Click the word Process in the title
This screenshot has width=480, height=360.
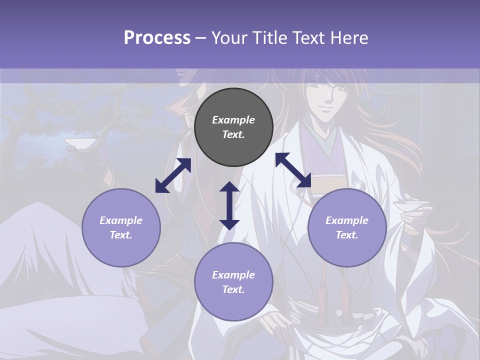coord(157,38)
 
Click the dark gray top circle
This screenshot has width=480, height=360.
coord(233,127)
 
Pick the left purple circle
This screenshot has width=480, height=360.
coord(121,227)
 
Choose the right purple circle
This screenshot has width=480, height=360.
coord(347,227)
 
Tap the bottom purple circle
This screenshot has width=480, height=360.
coord(233,282)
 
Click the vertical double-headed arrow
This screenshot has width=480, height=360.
coord(229,205)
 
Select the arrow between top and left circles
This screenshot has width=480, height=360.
coord(173,175)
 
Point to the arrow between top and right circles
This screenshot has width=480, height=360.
coord(293,170)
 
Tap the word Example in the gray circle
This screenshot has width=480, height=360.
coord(233,120)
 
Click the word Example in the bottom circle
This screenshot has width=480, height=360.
coord(233,275)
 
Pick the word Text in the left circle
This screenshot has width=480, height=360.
coord(121,235)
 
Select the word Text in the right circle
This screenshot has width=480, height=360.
coord(347,235)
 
